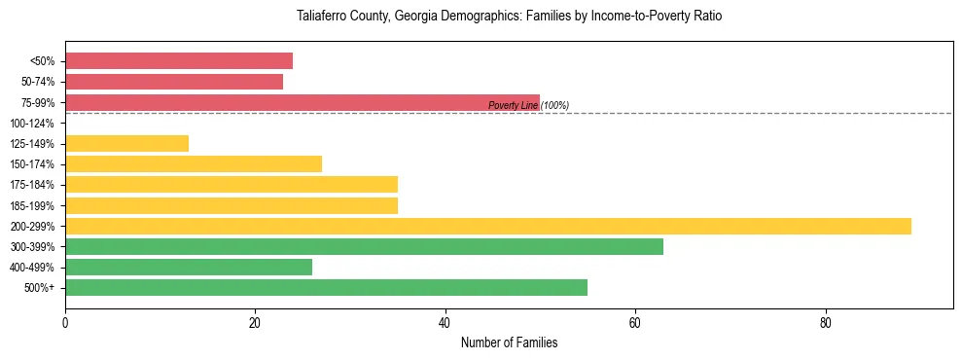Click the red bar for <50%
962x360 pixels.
pos(179,61)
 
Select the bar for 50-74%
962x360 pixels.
pos(174,82)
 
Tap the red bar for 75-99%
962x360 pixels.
pos(302,102)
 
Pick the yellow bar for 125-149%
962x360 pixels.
pos(126,144)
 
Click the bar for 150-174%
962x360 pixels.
pos(194,164)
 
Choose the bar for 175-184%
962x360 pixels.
pos(232,185)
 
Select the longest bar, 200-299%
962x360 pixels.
pos(488,226)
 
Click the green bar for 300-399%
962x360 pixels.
pos(364,246)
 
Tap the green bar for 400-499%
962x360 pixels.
pos(189,267)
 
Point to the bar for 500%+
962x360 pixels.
pos(326,287)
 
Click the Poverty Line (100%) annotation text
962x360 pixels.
pos(528,105)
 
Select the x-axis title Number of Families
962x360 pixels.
pos(509,343)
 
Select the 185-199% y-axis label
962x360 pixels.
pos(34,205)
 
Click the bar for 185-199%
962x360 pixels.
pos(232,205)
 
